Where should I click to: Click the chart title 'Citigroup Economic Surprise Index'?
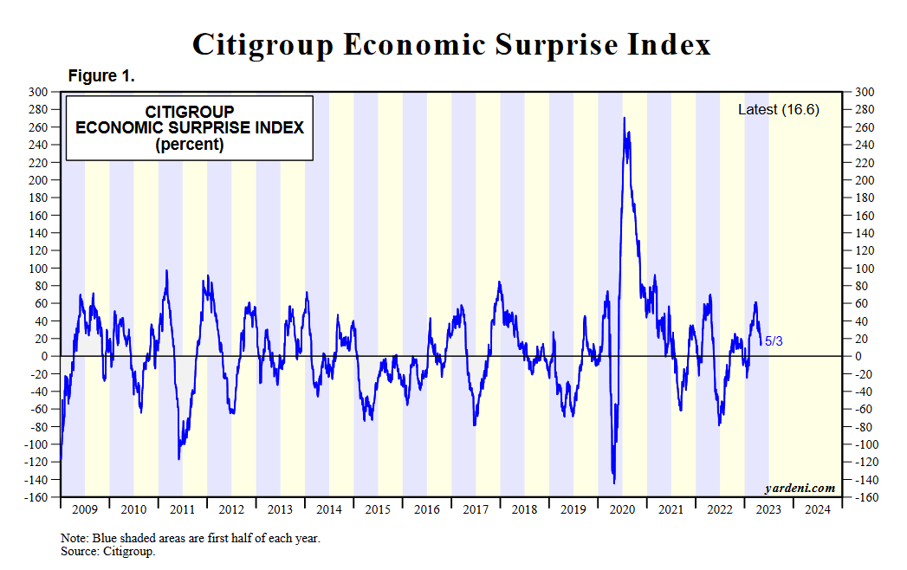pyautogui.click(x=451, y=44)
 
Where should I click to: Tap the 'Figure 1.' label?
pyautogui.click(x=101, y=76)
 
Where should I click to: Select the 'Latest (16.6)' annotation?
pyautogui.click(x=778, y=109)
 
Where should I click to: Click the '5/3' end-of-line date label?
pyautogui.click(x=773, y=341)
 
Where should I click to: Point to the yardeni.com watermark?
pyautogui.click(x=800, y=488)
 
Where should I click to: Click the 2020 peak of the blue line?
pyautogui.click(x=625, y=119)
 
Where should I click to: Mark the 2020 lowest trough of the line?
pyautogui.click(x=614, y=483)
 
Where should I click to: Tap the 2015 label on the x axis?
pyautogui.click(x=378, y=509)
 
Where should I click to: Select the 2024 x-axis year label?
pyautogui.click(x=817, y=509)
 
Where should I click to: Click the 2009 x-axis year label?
pyautogui.click(x=84, y=509)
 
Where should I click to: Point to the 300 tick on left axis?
pyautogui.click(x=37, y=92)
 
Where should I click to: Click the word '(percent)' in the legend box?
pyautogui.click(x=190, y=145)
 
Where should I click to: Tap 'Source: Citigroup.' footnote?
pyautogui.click(x=107, y=551)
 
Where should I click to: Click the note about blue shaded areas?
pyautogui.click(x=191, y=538)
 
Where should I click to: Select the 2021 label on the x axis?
pyautogui.click(x=671, y=509)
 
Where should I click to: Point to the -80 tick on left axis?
pyautogui.click(x=37, y=426)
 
